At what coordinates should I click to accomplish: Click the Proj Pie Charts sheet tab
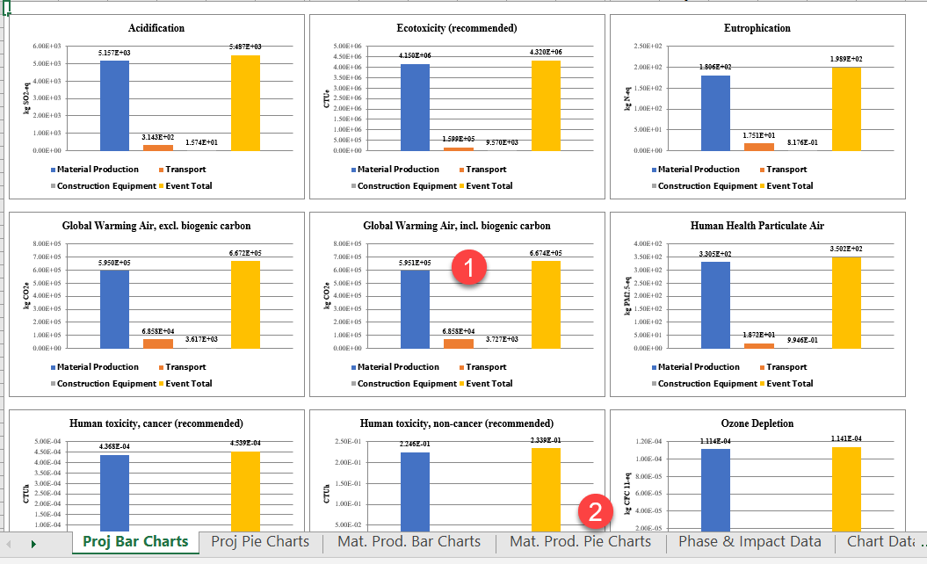tap(260, 541)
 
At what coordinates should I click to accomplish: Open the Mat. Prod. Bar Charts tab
tap(409, 541)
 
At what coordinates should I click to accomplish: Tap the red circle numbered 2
tap(596, 511)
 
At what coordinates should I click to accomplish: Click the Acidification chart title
tap(156, 28)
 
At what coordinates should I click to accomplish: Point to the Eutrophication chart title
tap(757, 28)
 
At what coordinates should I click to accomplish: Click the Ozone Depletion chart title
tap(757, 423)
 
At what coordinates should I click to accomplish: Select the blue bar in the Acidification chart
tap(114, 105)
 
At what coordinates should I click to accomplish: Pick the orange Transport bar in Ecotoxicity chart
tap(458, 148)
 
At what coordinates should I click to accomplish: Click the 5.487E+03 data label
tap(246, 47)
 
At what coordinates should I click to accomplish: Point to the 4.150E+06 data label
tap(415, 55)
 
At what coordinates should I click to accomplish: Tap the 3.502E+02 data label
tap(847, 249)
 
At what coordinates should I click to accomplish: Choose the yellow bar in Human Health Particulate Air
tap(847, 302)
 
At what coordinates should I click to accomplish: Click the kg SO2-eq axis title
tap(25, 98)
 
